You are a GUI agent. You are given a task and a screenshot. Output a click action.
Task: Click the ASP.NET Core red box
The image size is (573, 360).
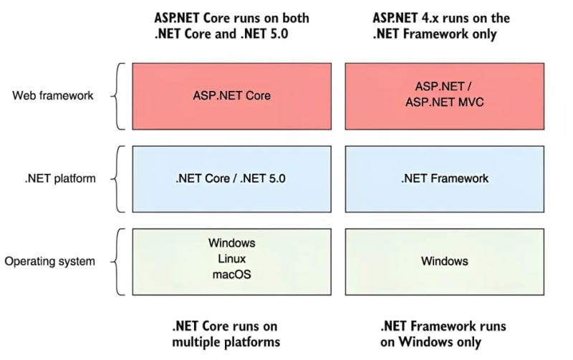click(231, 96)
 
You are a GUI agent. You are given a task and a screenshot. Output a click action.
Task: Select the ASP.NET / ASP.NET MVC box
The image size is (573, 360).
click(444, 96)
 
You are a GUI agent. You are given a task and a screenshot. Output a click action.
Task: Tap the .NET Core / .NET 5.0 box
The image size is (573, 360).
click(231, 179)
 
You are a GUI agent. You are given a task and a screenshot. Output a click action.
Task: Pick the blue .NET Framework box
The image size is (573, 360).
click(444, 179)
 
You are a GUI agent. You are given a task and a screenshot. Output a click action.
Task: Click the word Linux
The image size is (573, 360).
click(231, 258)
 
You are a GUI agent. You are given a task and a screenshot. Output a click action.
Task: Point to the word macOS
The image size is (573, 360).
click(231, 274)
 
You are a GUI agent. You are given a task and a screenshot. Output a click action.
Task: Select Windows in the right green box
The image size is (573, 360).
click(444, 261)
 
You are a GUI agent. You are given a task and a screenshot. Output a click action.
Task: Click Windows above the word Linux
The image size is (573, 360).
click(231, 243)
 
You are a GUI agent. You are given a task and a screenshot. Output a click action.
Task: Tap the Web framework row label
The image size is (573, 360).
click(53, 96)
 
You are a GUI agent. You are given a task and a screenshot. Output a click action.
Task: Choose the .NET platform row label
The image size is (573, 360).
click(60, 178)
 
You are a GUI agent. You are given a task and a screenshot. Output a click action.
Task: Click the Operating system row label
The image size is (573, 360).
click(49, 261)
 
